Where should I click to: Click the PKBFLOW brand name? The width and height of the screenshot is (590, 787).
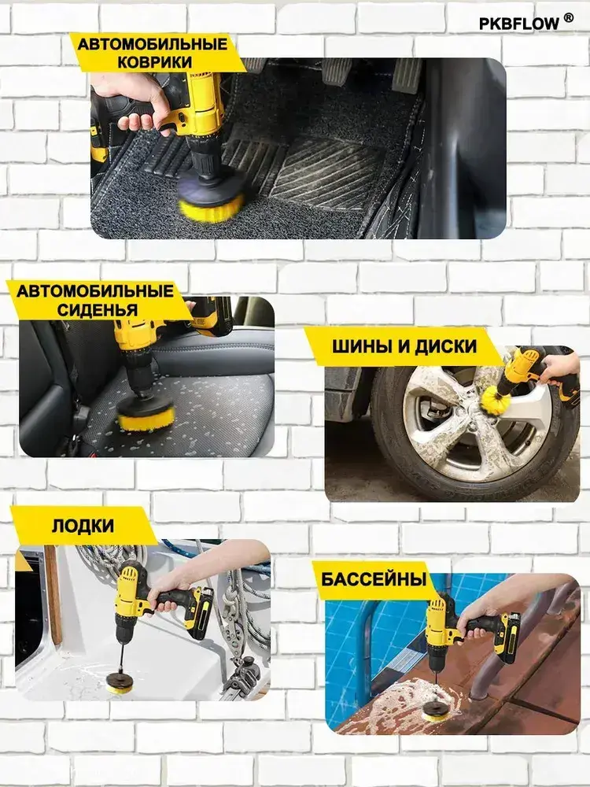(518, 24)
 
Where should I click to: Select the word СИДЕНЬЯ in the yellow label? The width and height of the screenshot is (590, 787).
(98, 309)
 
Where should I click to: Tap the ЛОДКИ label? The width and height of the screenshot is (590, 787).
(83, 526)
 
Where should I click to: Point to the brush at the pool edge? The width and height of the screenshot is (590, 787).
(436, 711)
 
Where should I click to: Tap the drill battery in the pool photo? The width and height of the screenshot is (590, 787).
(506, 637)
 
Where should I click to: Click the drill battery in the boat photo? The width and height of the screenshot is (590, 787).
(200, 613)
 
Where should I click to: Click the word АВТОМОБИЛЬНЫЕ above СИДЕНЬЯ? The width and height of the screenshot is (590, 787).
(95, 290)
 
